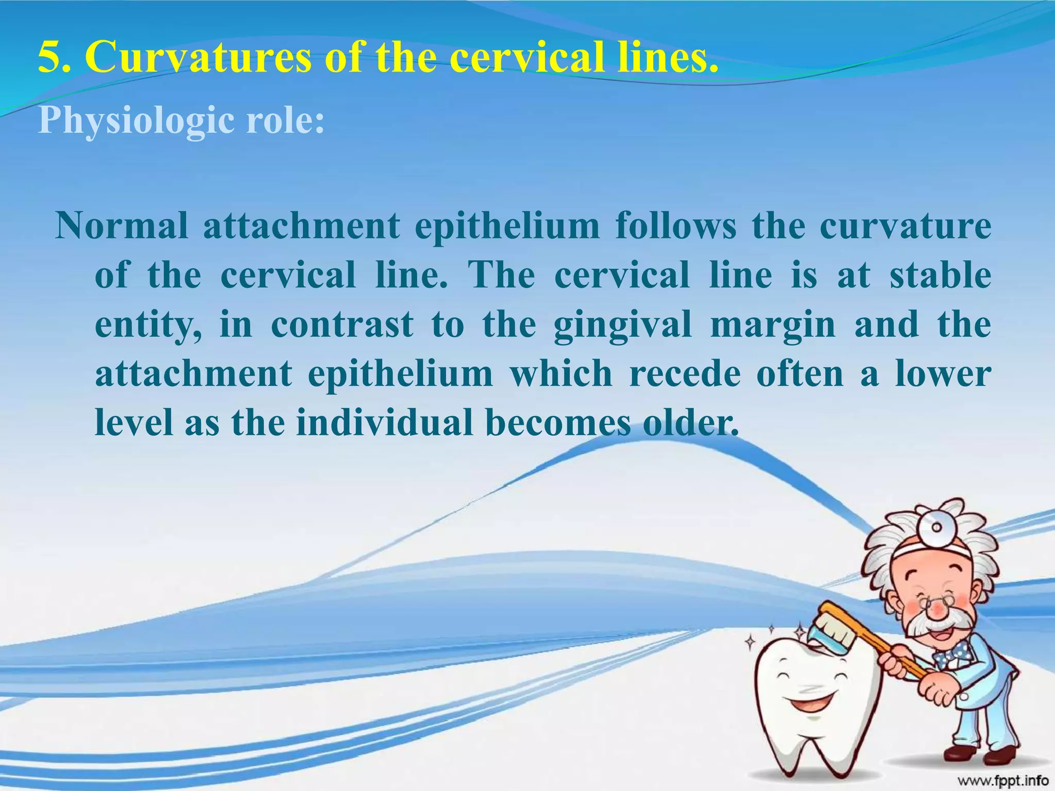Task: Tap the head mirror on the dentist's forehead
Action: tap(936, 527)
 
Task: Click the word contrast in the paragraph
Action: tap(342, 324)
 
